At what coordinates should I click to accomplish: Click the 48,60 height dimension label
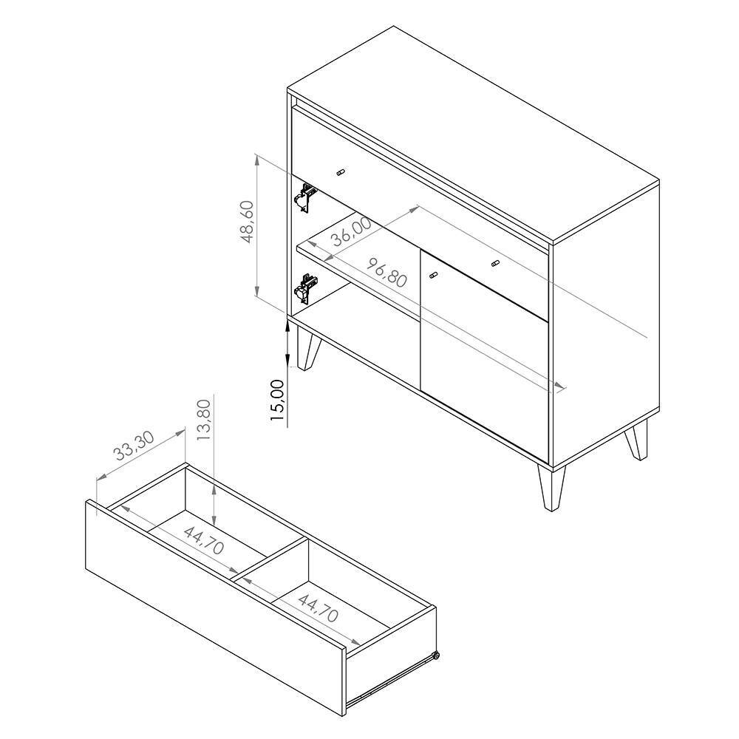click(248, 222)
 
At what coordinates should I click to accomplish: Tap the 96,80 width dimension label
click(386, 273)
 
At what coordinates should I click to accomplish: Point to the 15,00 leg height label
click(278, 400)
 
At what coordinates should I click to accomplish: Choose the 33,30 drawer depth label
click(134, 446)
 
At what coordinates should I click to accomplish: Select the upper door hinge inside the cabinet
click(304, 197)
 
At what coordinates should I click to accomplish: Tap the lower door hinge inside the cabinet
click(304, 287)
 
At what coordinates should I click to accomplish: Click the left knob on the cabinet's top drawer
click(341, 172)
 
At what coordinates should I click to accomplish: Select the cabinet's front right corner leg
click(551, 488)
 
